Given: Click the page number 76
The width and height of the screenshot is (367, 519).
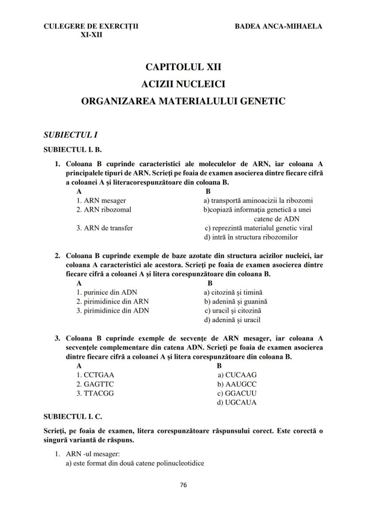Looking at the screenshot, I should tap(183, 485).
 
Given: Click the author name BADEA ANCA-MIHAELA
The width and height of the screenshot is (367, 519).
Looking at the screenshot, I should tap(278, 26).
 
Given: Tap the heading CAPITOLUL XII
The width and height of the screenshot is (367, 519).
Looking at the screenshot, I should tap(183, 67).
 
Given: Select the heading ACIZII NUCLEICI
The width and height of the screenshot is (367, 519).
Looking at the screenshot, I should tap(183, 84).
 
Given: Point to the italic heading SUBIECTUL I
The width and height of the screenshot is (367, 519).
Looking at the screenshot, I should tap(70, 134).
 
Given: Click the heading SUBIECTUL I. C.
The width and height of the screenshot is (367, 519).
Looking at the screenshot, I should tap(73, 417).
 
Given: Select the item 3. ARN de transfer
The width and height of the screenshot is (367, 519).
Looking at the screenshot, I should tap(105, 228).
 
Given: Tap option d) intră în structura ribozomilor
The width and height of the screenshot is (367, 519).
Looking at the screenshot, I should tap(251, 237).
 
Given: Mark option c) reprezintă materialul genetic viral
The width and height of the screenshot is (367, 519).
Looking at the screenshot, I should tap(258, 228).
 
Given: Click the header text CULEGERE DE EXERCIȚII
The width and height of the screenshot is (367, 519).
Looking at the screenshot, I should tap(91, 26).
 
